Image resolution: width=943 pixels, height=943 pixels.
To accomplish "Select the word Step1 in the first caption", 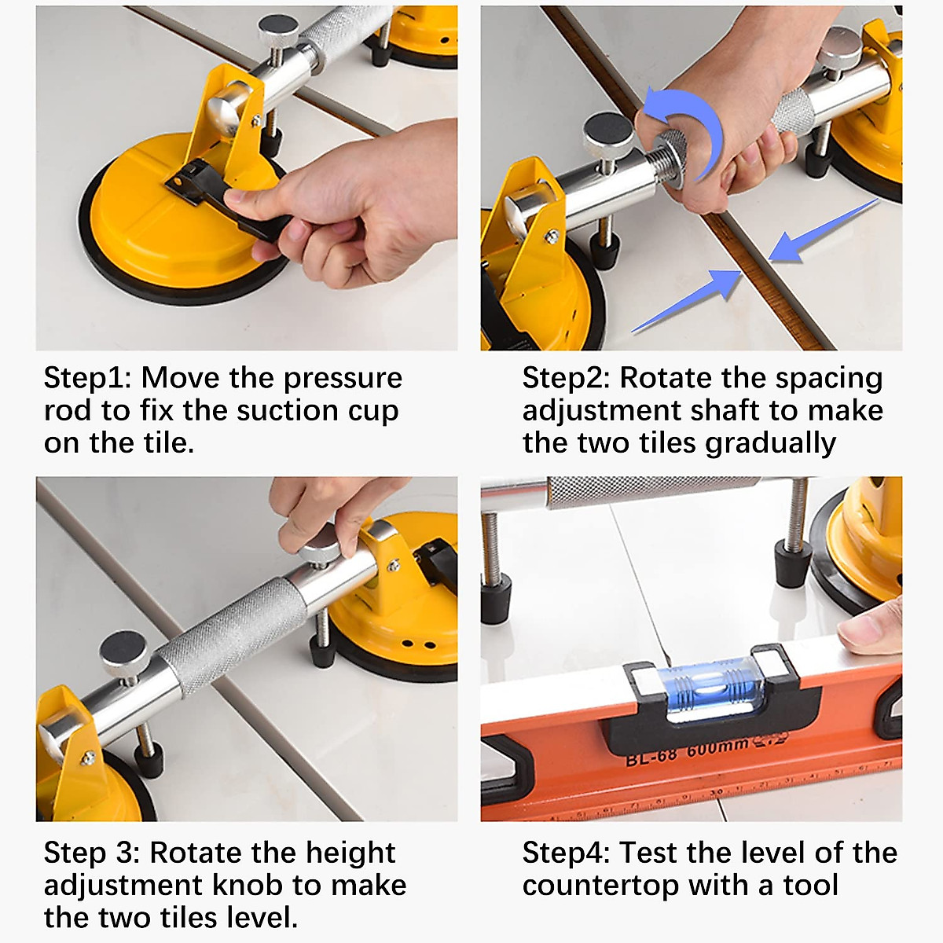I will pos(87,378).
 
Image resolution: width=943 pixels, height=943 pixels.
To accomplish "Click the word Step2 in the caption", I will pos(566,378).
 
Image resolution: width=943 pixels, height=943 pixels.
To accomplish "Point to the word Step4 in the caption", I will pos(566,853).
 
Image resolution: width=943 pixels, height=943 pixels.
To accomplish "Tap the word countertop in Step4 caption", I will pos(600,886).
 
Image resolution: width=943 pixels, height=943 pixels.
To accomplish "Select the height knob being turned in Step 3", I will pos(319,542).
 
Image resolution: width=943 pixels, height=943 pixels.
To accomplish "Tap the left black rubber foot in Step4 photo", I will pos(497,598).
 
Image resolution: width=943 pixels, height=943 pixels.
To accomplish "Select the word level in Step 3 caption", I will pos(260,918).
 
